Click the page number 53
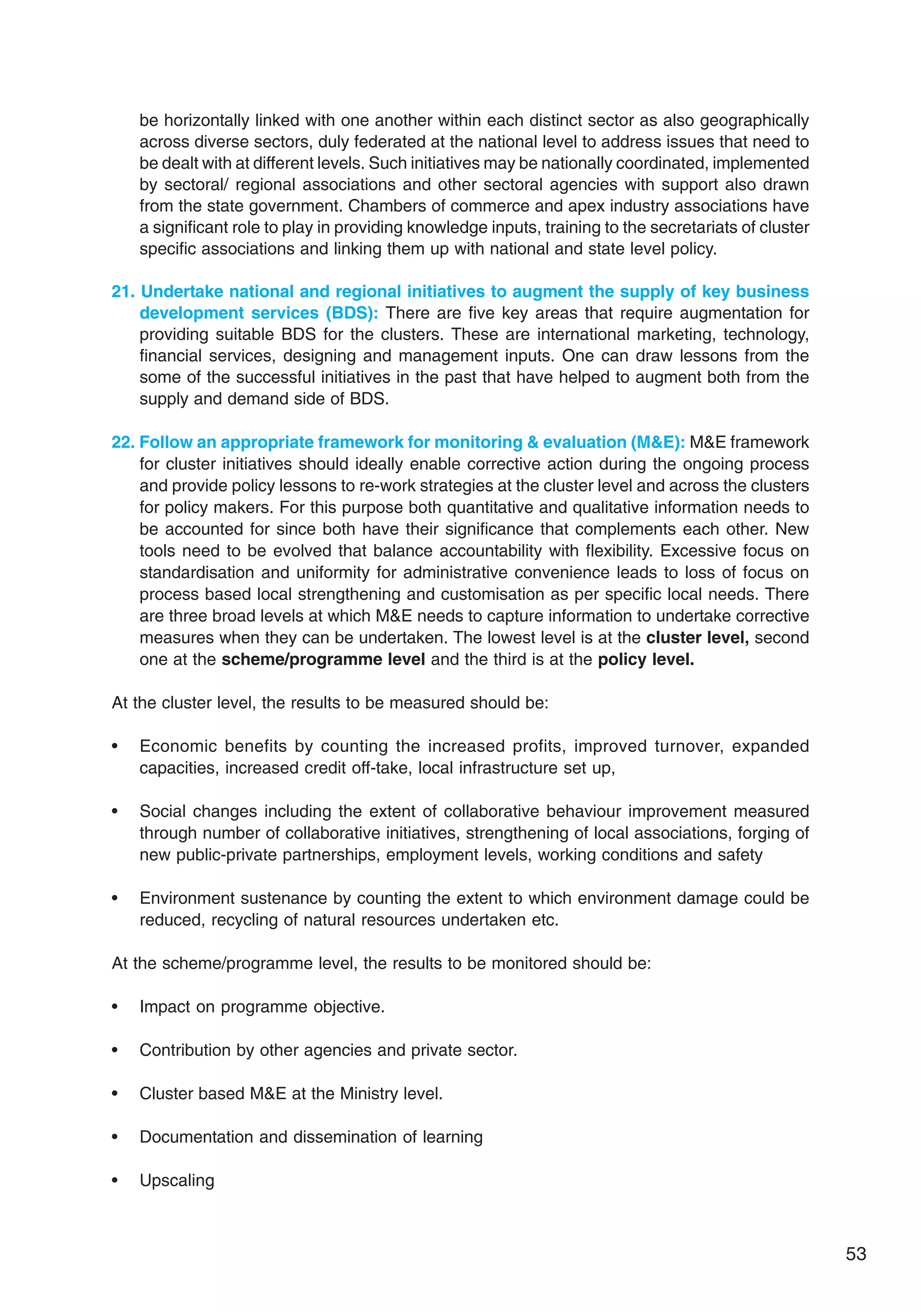click(855, 1253)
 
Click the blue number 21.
click(122, 291)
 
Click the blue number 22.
click(122, 442)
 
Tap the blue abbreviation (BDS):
click(351, 313)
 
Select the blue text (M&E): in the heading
click(657, 442)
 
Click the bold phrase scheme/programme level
click(323, 659)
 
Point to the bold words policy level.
click(646, 659)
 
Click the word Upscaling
click(177, 1180)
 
